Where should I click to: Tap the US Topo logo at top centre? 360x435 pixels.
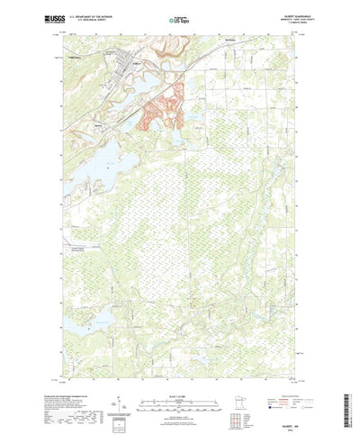(180, 18)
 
